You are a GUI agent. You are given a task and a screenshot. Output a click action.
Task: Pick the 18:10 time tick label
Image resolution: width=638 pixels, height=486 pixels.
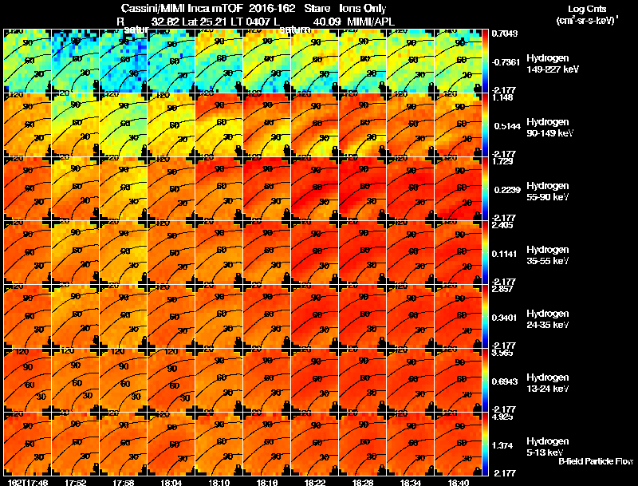click(x=220, y=482)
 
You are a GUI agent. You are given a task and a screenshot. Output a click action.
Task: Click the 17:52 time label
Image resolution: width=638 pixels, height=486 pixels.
click(x=76, y=482)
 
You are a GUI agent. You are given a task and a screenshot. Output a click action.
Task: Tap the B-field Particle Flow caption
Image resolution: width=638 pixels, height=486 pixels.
click(x=595, y=461)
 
